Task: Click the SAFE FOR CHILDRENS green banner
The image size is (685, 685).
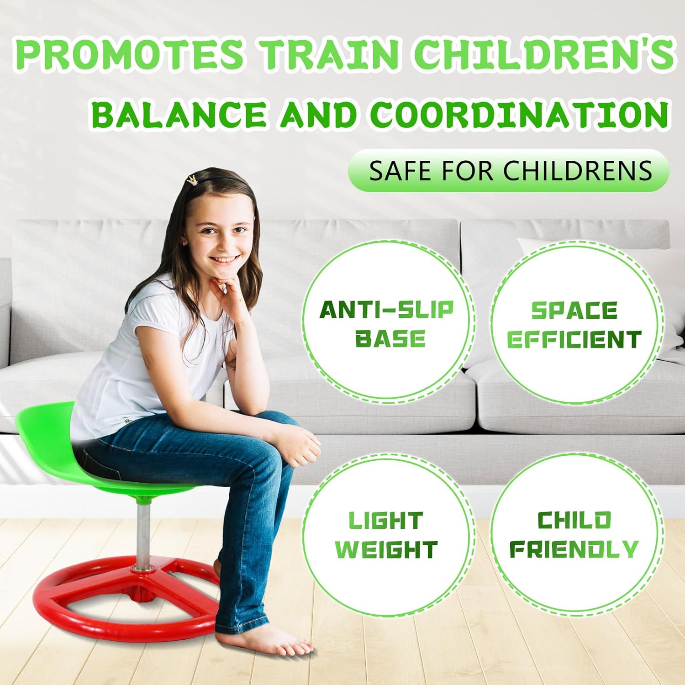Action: point(509,170)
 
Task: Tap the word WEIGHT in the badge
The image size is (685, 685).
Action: point(386,549)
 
